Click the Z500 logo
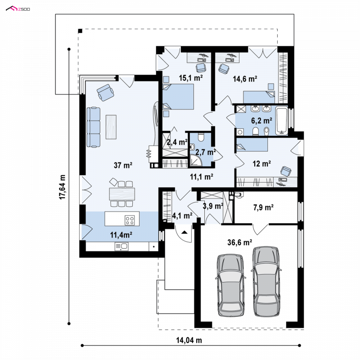(18, 9)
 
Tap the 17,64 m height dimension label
(62, 187)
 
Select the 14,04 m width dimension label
(189, 340)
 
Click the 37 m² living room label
(123, 165)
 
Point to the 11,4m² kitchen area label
(121, 234)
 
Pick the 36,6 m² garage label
(240, 242)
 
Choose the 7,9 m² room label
(263, 207)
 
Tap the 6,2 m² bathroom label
(261, 120)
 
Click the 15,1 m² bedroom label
(191, 78)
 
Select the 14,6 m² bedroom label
(245, 79)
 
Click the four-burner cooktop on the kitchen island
(130, 220)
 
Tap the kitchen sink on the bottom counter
(121, 247)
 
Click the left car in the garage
(230, 285)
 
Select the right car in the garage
(266, 282)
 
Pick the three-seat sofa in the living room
(94, 127)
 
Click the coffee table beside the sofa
(111, 127)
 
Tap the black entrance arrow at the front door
(184, 232)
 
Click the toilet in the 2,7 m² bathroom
(201, 137)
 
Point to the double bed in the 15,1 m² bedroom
(178, 96)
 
